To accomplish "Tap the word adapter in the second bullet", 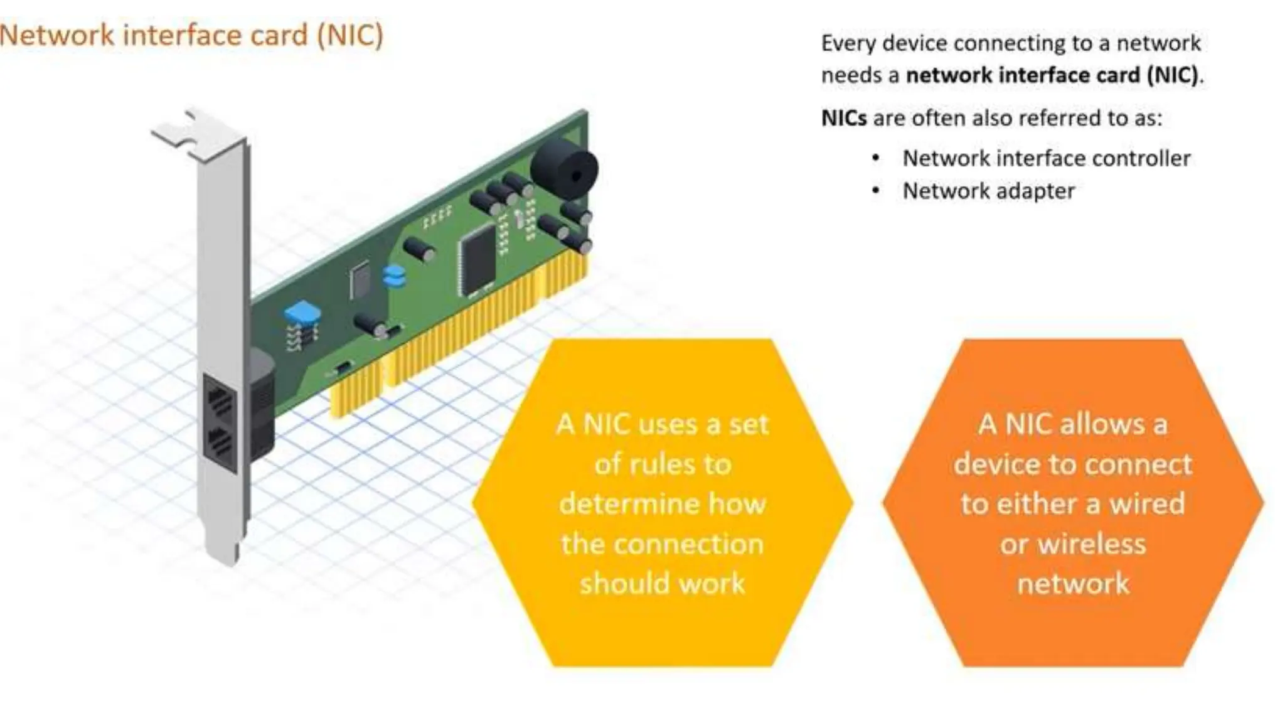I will [x=1037, y=191].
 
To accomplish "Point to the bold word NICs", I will [x=844, y=118].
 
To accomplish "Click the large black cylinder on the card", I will [x=563, y=168].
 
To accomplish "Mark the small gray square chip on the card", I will [x=360, y=280].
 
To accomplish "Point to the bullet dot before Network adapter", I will [x=876, y=191].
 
